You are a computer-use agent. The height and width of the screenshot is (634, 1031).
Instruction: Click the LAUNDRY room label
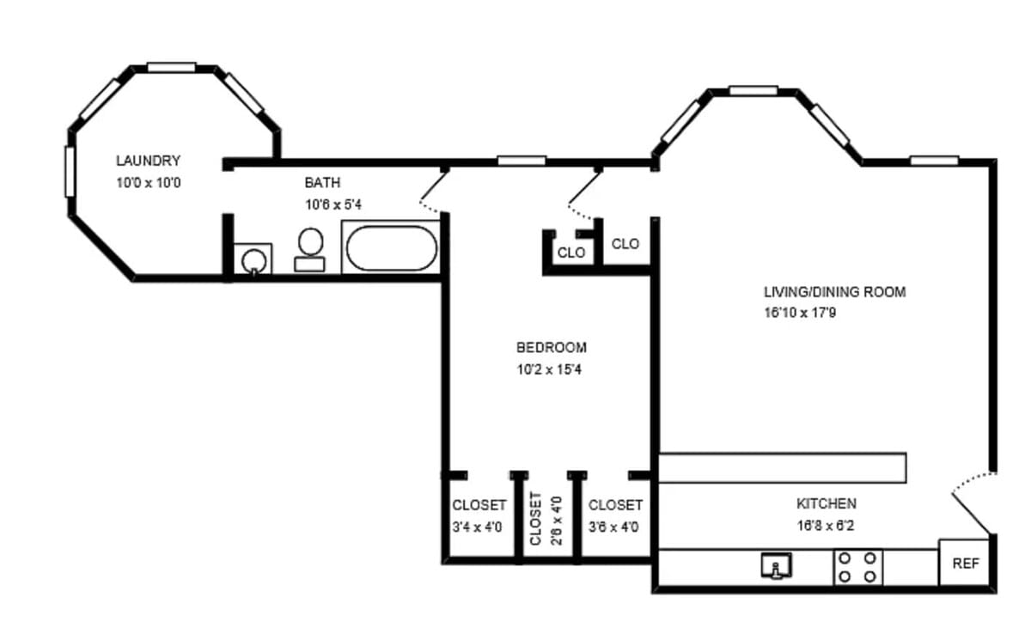[148, 161]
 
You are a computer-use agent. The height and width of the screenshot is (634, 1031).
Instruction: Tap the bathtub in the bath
[391, 248]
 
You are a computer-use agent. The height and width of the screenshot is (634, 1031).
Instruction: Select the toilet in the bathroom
[310, 250]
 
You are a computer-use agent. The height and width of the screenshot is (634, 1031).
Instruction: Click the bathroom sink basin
[253, 260]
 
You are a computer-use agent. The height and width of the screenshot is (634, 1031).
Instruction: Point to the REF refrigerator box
[964, 563]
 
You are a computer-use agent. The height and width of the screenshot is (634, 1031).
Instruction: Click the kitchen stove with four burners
[858, 568]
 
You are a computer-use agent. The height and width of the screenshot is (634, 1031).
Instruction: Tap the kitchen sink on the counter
[776, 566]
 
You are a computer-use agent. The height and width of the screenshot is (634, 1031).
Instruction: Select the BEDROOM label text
[552, 347]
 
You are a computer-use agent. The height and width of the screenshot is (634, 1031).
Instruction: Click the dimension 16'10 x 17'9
[800, 313]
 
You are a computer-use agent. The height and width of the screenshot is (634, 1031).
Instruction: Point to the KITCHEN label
[827, 503]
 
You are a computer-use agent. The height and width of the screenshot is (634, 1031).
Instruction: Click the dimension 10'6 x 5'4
[333, 204]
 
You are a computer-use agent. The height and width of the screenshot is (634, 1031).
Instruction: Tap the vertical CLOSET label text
[535, 519]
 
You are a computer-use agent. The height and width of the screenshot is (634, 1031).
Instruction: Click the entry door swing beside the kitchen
[972, 503]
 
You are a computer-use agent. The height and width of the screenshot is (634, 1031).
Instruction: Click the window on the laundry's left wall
[70, 172]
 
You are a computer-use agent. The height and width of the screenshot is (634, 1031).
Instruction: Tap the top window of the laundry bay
[172, 67]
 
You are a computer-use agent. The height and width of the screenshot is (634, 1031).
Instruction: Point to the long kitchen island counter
[783, 468]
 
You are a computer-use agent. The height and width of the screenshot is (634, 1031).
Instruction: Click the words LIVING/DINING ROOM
[835, 292]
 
